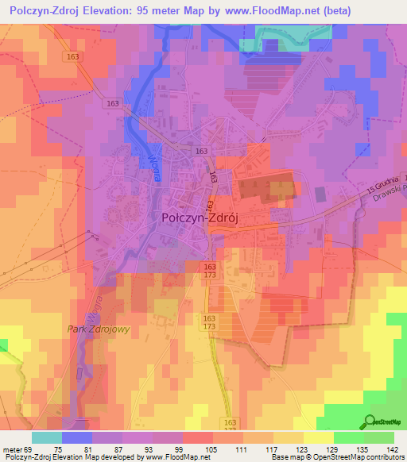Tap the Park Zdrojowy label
[x=99, y=328]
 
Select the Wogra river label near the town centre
[x=153, y=168]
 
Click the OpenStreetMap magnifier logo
[x=371, y=423]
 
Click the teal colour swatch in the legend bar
[x=47, y=437]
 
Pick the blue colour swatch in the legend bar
[x=77, y=437]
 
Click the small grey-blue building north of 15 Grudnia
[x=320, y=193]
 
